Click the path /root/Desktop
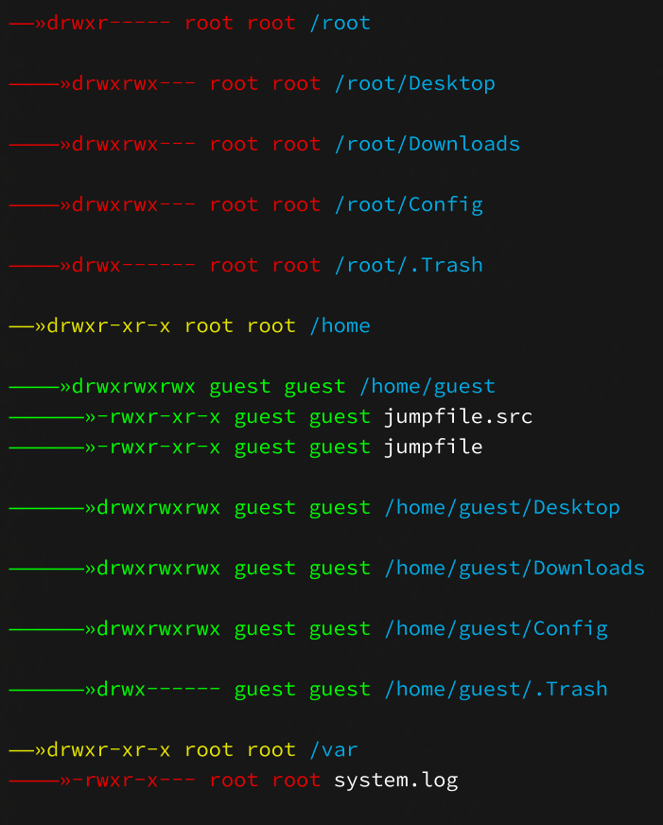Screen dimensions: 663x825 [415, 84]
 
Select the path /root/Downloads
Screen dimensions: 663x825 [427, 144]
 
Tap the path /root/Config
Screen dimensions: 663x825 [409, 205]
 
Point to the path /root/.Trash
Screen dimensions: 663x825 [409, 265]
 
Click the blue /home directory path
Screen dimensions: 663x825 [340, 325]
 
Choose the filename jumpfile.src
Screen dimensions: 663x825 [458, 417]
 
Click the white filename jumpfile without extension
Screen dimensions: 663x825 [433, 448]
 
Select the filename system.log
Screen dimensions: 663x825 [396, 781]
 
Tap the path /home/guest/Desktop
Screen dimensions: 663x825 [502, 508]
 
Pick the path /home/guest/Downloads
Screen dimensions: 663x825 [515, 569]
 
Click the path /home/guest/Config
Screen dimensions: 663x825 [496, 629]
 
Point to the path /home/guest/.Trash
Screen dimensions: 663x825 [496, 690]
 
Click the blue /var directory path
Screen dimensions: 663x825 [334, 749]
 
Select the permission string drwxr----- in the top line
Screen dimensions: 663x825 [109, 23]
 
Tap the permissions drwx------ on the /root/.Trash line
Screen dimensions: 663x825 [133, 265]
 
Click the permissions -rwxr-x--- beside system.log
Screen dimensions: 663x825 [133, 781]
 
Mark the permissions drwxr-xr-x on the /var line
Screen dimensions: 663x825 [109, 749]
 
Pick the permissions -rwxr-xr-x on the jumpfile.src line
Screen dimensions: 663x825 [158, 417]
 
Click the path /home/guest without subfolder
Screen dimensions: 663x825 [427, 387]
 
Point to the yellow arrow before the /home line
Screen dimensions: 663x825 [27, 326]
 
